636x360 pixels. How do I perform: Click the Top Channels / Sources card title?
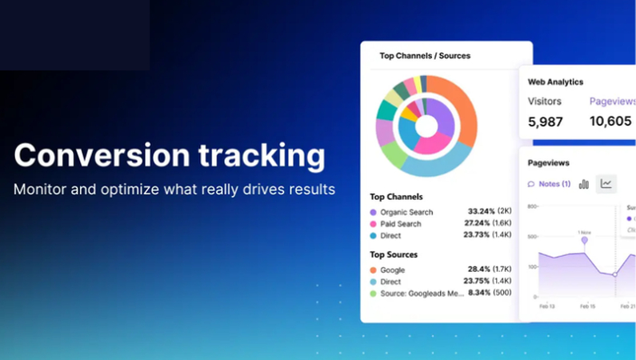pos(425,56)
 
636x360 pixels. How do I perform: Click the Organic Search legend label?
pos(406,212)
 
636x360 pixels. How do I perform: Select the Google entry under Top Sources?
pos(392,270)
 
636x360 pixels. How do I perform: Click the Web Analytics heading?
pos(555,82)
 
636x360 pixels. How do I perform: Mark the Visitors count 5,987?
pos(545,122)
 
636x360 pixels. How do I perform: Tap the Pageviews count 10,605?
pos(610,122)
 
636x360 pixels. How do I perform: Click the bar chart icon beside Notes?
pos(584,184)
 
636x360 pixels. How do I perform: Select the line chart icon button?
pos(606,184)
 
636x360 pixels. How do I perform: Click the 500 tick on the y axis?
pos(532,237)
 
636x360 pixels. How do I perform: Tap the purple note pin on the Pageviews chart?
pos(585,239)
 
